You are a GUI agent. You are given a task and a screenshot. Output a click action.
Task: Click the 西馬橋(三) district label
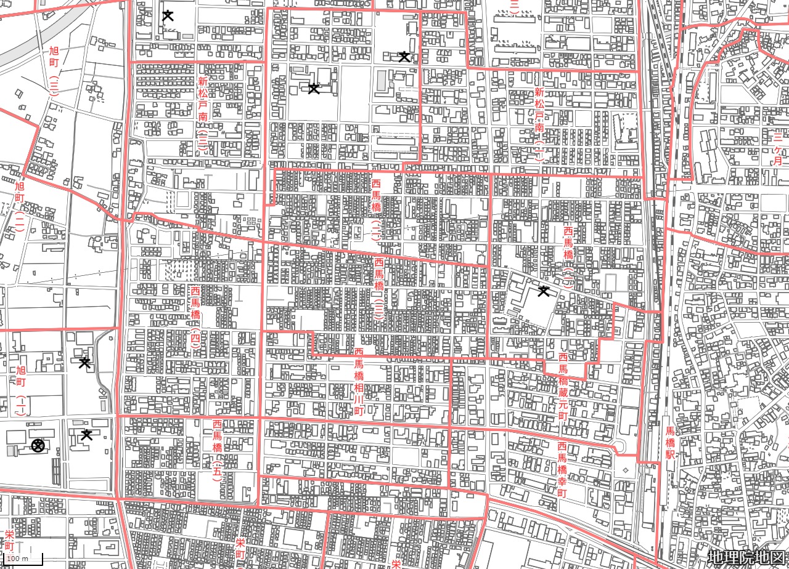(379, 289)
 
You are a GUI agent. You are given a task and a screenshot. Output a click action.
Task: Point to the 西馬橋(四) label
(195, 317)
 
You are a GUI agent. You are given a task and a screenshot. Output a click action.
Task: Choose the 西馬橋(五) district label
(217, 450)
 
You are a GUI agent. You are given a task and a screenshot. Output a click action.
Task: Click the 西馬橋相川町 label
(359, 382)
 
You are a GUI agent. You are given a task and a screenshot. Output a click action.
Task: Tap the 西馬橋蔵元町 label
(563, 386)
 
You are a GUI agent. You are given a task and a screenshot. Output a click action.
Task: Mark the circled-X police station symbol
(38, 445)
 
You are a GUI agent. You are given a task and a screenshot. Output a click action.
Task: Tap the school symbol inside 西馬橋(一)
(543, 291)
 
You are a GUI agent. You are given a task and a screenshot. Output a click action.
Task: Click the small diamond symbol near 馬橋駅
(626, 470)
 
